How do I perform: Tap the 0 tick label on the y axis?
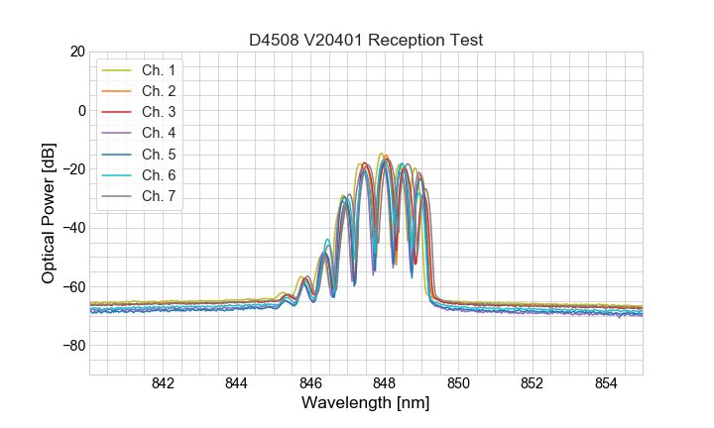(x=81, y=110)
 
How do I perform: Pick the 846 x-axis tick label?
(x=310, y=384)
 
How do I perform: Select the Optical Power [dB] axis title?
(x=49, y=213)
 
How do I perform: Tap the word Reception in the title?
(x=413, y=40)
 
